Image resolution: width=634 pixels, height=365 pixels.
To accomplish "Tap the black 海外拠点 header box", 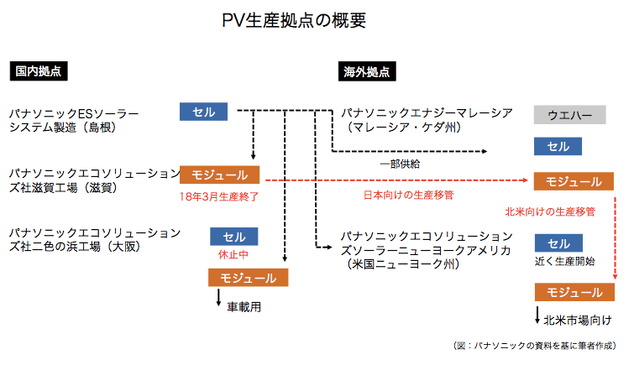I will [368, 71].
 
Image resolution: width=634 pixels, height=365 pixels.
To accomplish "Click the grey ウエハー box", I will [569, 114].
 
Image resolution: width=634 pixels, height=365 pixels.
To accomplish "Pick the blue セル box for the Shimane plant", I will [203, 111].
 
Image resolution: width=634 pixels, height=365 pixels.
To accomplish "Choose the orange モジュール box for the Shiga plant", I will [219, 175].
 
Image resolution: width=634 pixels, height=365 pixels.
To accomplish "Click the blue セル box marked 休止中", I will [233, 237].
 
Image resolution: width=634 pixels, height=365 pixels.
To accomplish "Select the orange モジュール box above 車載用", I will [248, 277].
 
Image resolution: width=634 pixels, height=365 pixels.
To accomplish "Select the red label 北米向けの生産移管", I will [550, 212].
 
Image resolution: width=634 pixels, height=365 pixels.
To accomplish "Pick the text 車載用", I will [244, 307].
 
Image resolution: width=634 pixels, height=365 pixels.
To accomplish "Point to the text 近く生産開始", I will [565, 262].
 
